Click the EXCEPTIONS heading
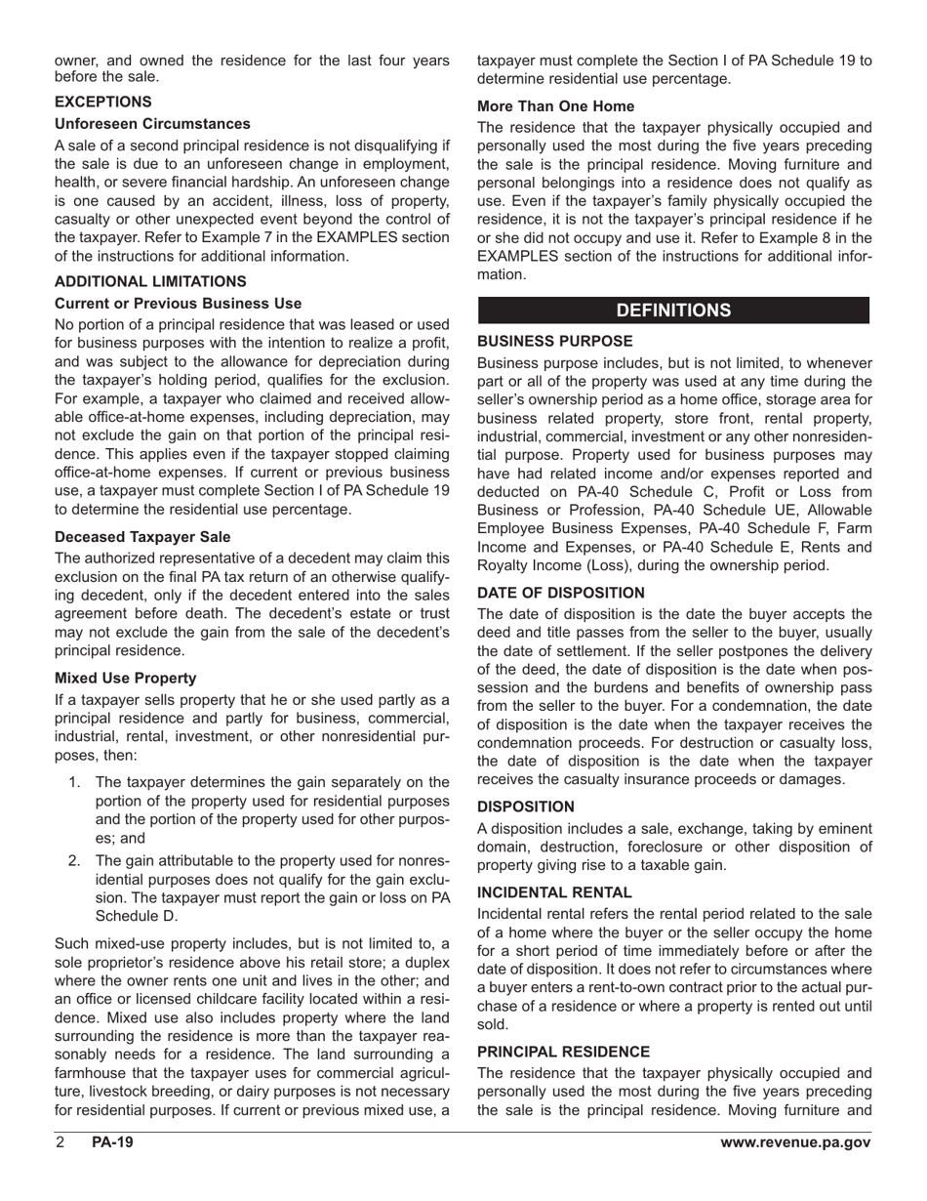[103, 102]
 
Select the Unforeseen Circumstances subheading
[152, 124]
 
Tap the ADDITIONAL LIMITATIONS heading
[150, 281]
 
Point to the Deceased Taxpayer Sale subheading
[142, 536]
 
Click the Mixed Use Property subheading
[126, 678]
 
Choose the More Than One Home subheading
[555, 105]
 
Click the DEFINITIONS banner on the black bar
[673, 311]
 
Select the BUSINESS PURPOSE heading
[555, 341]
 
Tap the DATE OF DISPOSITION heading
[561, 593]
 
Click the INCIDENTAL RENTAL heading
[554, 891]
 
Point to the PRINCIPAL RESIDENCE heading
[563, 1052]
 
